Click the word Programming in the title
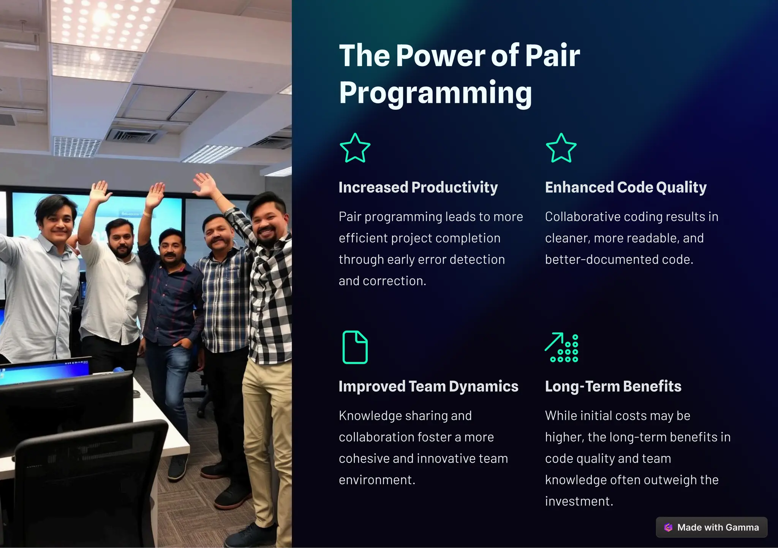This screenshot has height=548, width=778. (x=435, y=93)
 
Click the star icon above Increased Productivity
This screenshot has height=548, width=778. (x=355, y=148)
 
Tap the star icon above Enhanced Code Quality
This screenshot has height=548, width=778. (x=561, y=148)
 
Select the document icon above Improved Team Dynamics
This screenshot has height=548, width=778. (x=355, y=347)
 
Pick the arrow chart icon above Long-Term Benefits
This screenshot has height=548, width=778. (x=561, y=347)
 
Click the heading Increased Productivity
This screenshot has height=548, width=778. (x=418, y=187)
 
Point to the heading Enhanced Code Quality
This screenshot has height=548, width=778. (x=626, y=187)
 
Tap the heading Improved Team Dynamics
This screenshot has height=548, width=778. (x=428, y=386)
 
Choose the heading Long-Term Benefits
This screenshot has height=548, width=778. (x=613, y=386)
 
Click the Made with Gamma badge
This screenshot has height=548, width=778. (x=712, y=527)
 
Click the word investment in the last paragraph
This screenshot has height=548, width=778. (x=578, y=501)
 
